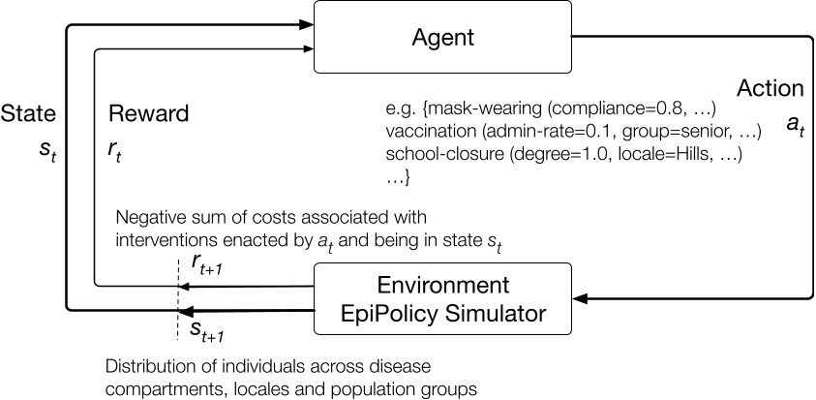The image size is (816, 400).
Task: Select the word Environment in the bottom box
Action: click(x=441, y=288)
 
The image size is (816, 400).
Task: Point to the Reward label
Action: click(x=148, y=113)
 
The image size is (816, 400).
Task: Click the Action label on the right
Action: click(x=771, y=88)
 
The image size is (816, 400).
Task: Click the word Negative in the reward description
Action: click(x=146, y=216)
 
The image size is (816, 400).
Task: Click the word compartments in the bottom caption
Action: click(x=155, y=389)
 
